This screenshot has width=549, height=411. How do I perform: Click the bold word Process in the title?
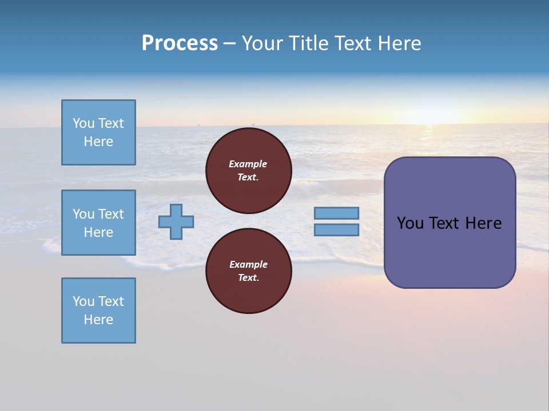(x=180, y=43)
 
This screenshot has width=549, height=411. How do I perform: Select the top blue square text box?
(x=98, y=132)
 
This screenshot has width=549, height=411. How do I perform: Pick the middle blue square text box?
(x=98, y=223)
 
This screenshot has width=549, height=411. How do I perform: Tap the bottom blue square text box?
(x=98, y=311)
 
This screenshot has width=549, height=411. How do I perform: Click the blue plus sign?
(x=176, y=221)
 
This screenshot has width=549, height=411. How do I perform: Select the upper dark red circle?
(x=248, y=171)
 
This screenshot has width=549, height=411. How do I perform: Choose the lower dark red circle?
(x=248, y=271)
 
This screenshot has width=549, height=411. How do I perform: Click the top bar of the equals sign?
(x=336, y=213)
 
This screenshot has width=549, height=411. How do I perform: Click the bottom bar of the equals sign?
(x=336, y=230)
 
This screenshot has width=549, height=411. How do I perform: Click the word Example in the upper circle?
(x=248, y=164)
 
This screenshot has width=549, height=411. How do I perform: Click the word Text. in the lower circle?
(x=248, y=278)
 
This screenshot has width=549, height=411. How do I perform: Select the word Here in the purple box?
(x=483, y=223)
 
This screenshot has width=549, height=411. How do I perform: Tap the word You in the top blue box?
(x=83, y=123)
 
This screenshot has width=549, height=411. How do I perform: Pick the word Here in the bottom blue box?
(x=98, y=320)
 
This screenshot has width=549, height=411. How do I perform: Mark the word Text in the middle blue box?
(x=111, y=214)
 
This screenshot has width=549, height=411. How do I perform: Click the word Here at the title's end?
(x=399, y=43)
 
